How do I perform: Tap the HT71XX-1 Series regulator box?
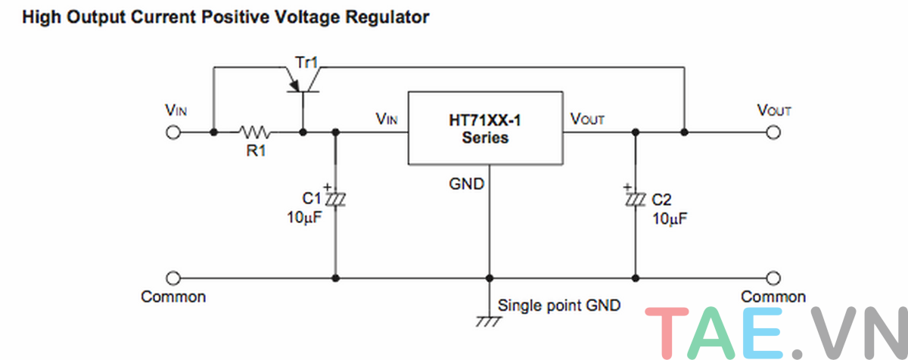click(x=485, y=128)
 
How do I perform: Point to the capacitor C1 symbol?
click(x=334, y=198)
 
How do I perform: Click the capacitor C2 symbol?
click(x=635, y=198)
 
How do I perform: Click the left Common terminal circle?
click(x=173, y=278)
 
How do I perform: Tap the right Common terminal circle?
click(x=773, y=278)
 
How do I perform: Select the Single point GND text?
click(x=559, y=306)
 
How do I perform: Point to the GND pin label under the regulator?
click(x=467, y=183)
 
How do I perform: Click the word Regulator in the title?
click(x=387, y=17)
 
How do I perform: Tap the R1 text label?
click(x=255, y=151)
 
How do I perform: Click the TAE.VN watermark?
click(x=776, y=333)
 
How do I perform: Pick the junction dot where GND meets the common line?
click(x=489, y=278)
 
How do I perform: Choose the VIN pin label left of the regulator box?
click(x=386, y=119)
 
